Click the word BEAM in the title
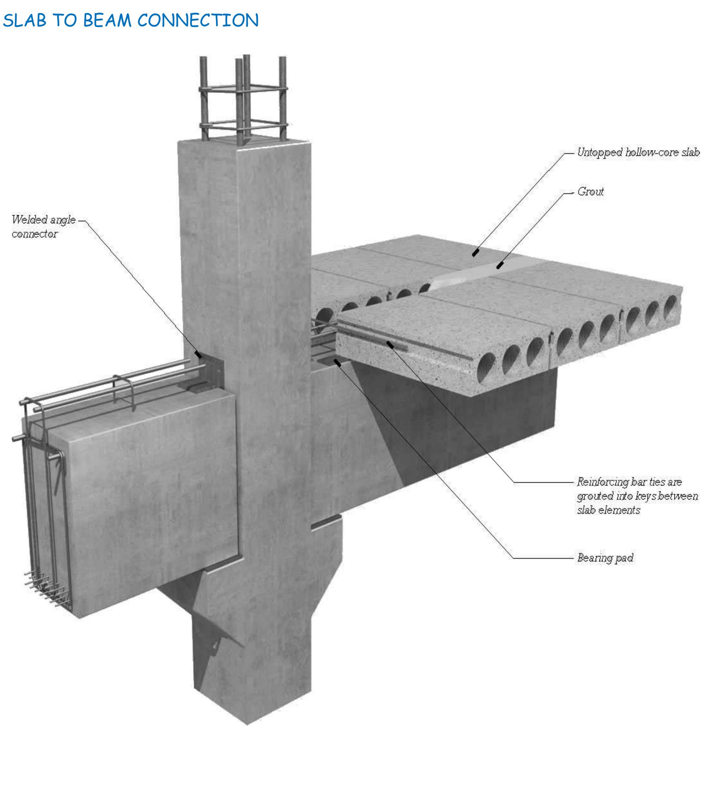click(x=107, y=20)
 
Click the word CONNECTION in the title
click(x=198, y=20)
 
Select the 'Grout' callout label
click(x=590, y=192)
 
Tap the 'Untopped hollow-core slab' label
click(x=638, y=152)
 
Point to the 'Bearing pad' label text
click(x=605, y=558)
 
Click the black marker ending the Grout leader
click(x=500, y=266)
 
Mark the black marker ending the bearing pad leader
click(x=338, y=362)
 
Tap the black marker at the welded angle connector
click(x=198, y=355)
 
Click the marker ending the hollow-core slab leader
click(x=475, y=253)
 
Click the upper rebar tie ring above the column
click(x=243, y=89)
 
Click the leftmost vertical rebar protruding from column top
click(x=204, y=97)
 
